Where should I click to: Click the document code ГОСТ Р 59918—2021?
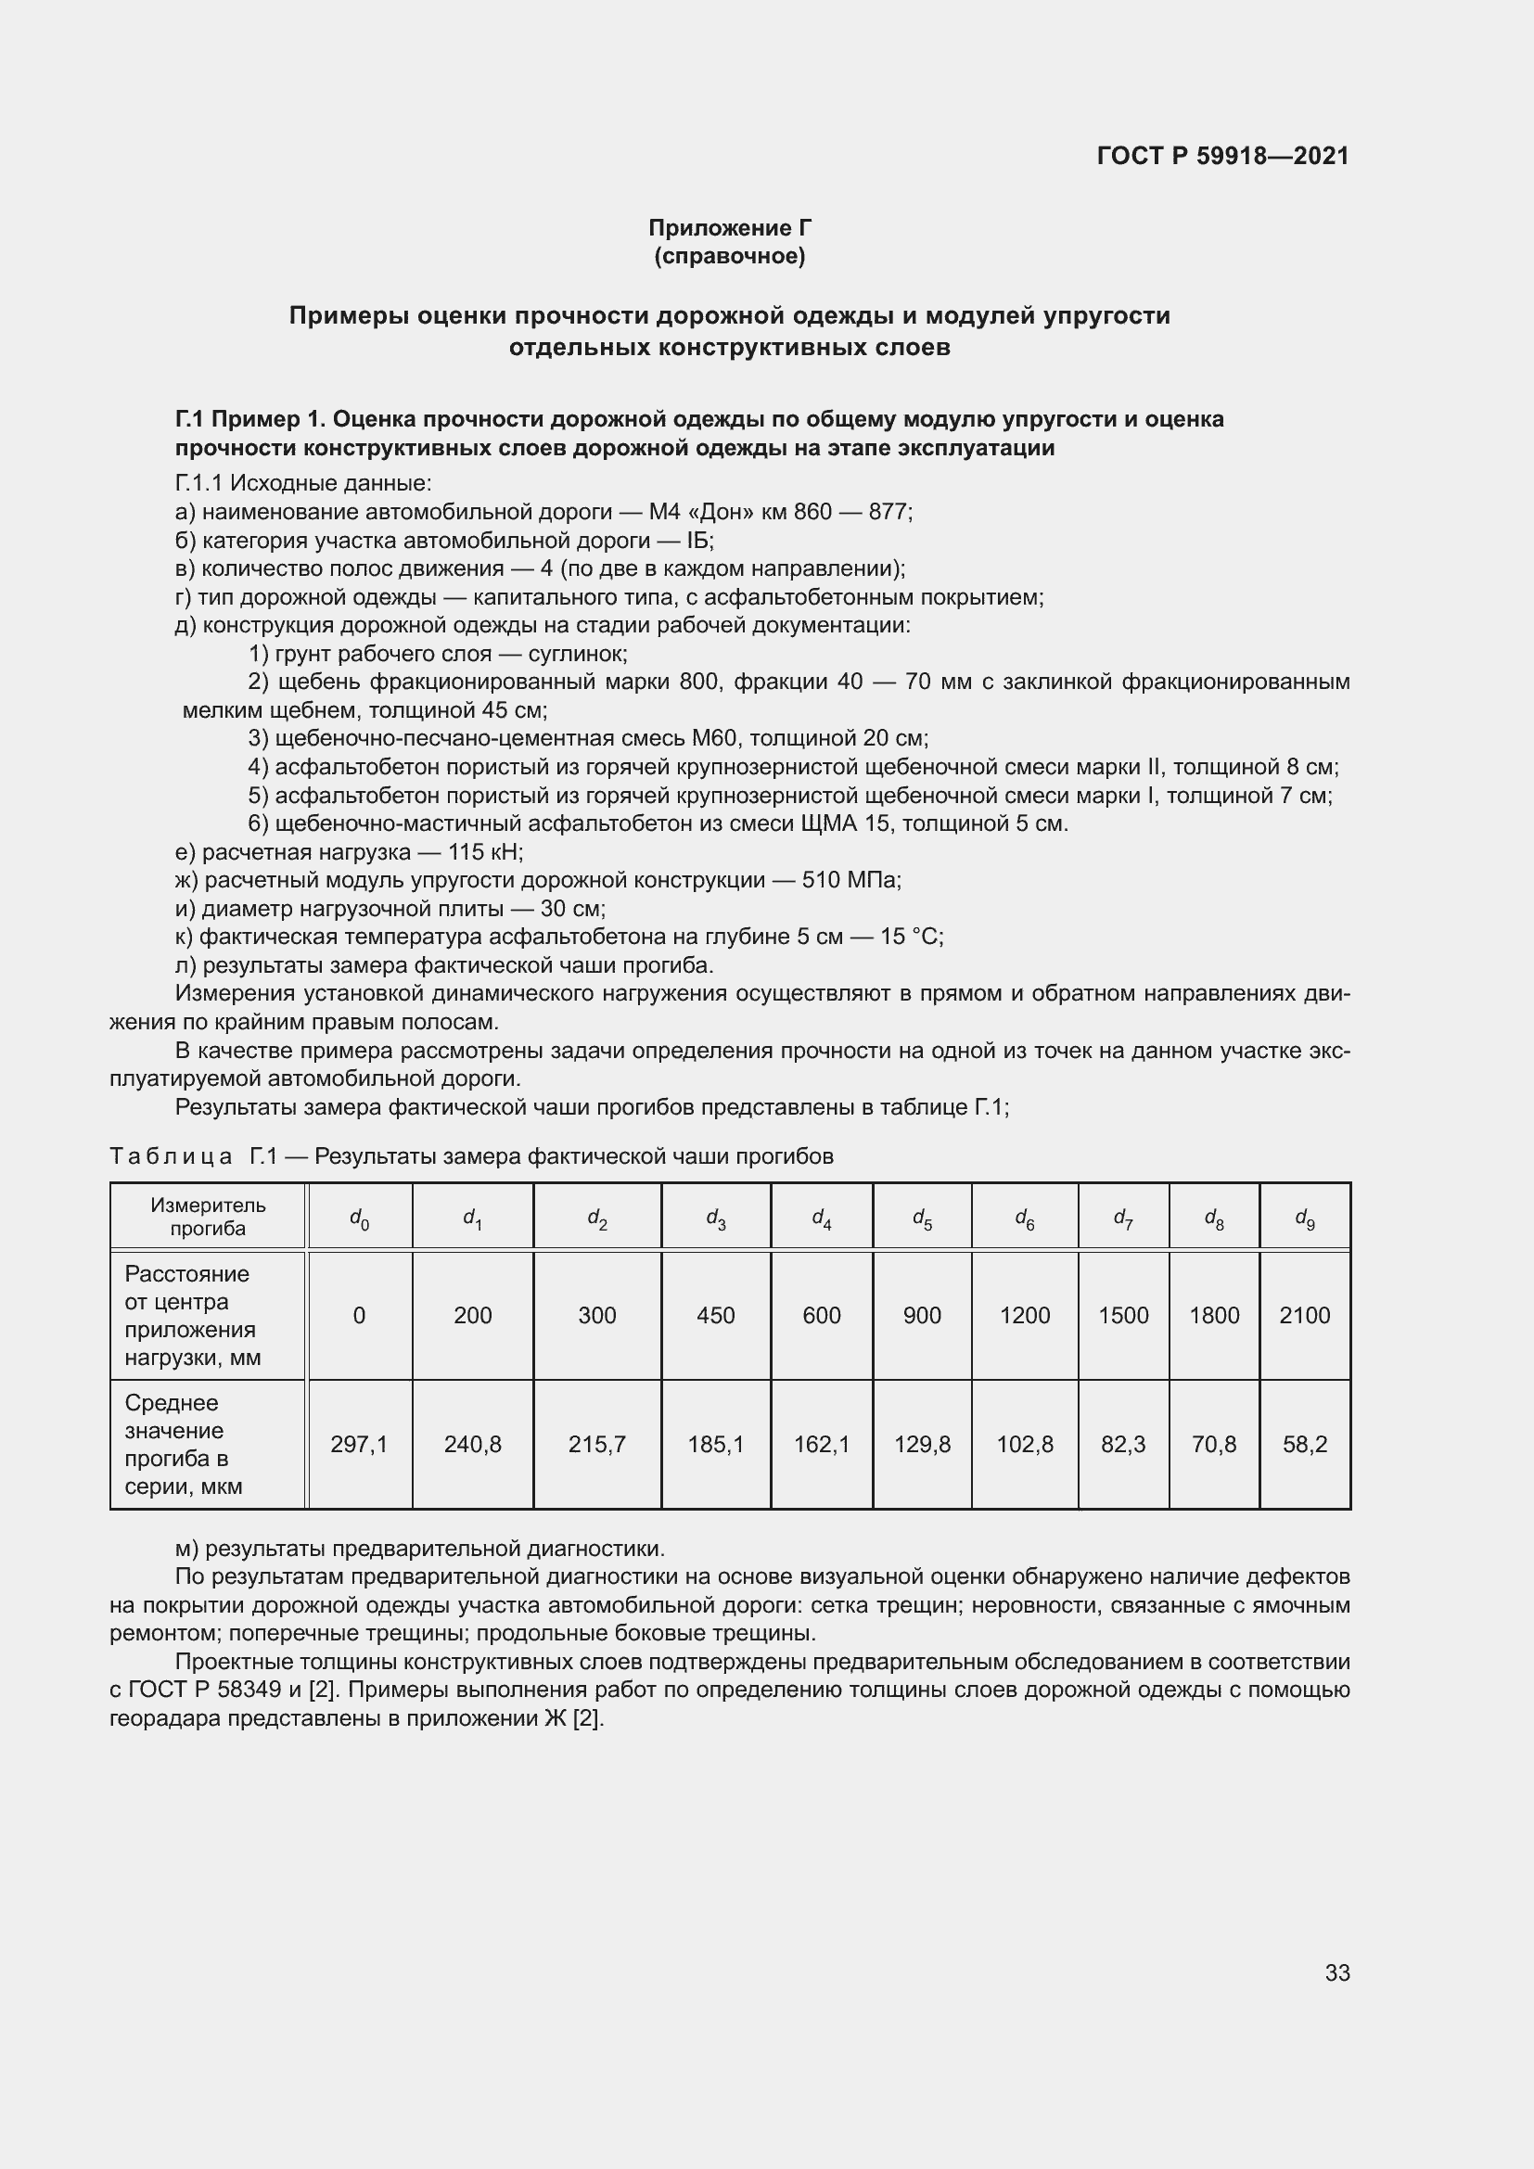(x=1222, y=156)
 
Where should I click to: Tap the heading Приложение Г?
(x=729, y=228)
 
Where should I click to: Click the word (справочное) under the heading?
(x=729, y=256)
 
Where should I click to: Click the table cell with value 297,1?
(x=359, y=1444)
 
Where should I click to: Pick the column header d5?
(x=922, y=1218)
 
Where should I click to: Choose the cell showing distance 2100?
(x=1305, y=1315)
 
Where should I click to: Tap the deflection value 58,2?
(x=1305, y=1444)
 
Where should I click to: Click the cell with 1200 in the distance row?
(x=1025, y=1315)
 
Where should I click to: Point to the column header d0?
(x=359, y=1218)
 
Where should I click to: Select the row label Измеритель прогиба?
(x=208, y=1217)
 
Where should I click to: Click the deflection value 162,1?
(x=821, y=1444)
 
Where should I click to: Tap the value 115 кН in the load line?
(x=484, y=852)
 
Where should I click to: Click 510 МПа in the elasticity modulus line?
(x=850, y=880)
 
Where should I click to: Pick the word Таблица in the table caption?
(x=171, y=1156)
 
